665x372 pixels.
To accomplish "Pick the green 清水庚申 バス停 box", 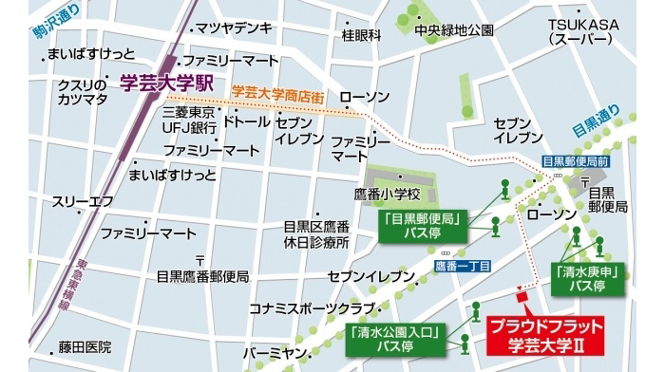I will click(585, 278).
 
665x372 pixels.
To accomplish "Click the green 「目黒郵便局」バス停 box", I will click(425, 225).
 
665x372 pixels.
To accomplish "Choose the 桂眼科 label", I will click(361, 36).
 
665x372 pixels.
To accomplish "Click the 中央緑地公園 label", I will click(454, 30).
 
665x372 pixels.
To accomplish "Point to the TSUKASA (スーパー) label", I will click(583, 30).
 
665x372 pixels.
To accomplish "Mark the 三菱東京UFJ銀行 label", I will click(191, 120).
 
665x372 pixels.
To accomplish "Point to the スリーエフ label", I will click(83, 201).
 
